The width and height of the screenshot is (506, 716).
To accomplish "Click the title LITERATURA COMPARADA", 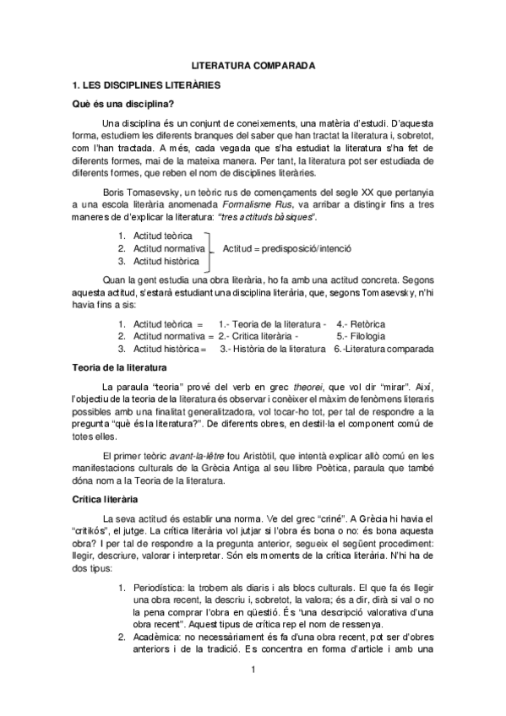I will [x=253, y=65].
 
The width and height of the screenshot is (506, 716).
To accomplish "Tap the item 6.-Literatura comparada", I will [x=384, y=348].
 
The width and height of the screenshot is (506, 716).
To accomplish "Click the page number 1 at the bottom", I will [x=253, y=670].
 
